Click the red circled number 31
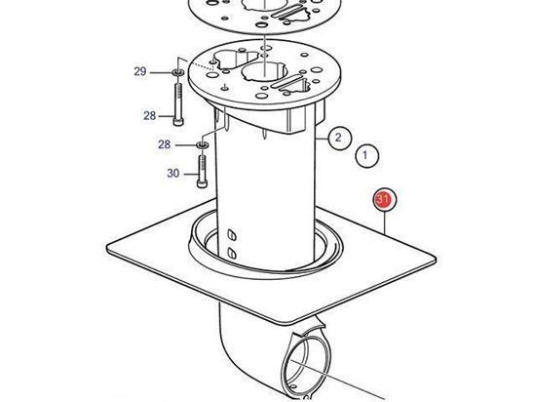[x=384, y=202]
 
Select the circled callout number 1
[x=365, y=155]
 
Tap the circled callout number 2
[x=337, y=137]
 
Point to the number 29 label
[x=139, y=72]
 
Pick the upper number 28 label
[x=149, y=116]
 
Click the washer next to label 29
[x=177, y=73]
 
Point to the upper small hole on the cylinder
[x=232, y=235]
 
